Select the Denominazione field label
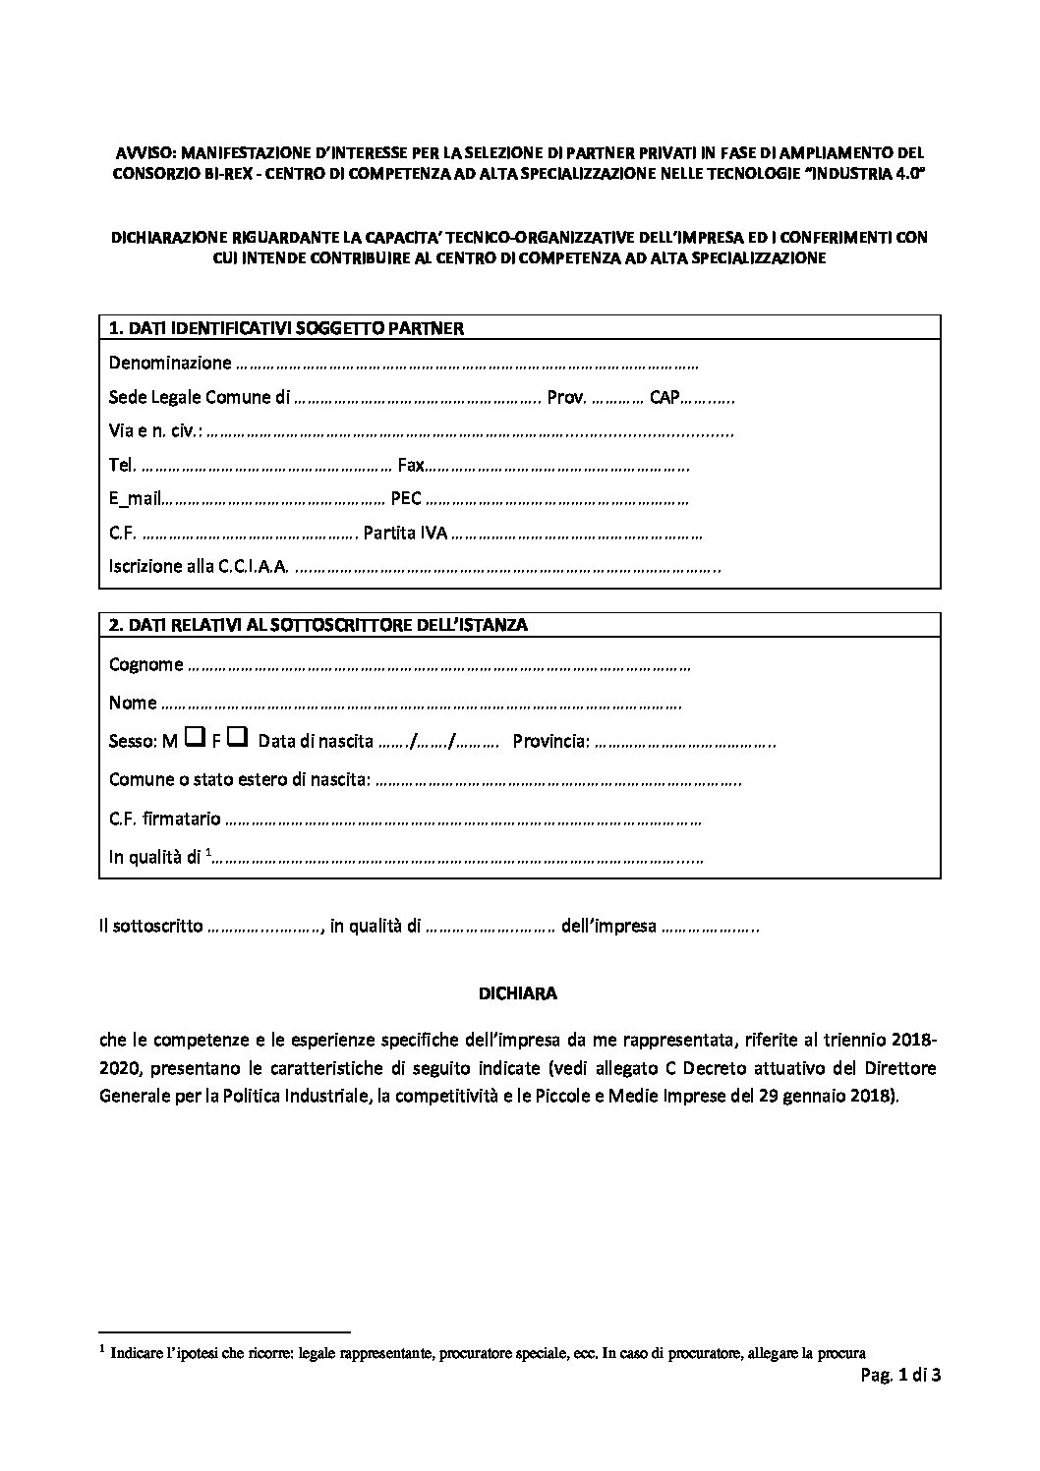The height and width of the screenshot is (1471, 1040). [170, 363]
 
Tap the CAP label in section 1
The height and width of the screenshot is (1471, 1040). [665, 397]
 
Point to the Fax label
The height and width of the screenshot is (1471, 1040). [411, 465]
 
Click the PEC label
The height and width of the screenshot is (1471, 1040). [406, 498]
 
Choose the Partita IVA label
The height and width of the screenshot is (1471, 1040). [405, 533]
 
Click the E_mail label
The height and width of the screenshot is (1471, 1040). [135, 498]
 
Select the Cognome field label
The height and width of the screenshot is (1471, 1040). [145, 665]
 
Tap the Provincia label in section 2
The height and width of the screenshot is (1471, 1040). [550, 741]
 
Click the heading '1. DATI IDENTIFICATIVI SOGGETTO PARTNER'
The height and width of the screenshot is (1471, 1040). [285, 327]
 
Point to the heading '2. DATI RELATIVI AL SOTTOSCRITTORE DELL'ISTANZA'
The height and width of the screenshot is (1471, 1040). [318, 625]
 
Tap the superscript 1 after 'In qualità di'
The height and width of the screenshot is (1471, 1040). [208, 853]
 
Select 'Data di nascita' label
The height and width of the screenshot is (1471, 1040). [316, 741]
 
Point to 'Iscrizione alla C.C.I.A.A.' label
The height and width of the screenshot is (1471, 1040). [200, 566]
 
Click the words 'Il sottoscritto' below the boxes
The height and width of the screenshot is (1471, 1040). [151, 926]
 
